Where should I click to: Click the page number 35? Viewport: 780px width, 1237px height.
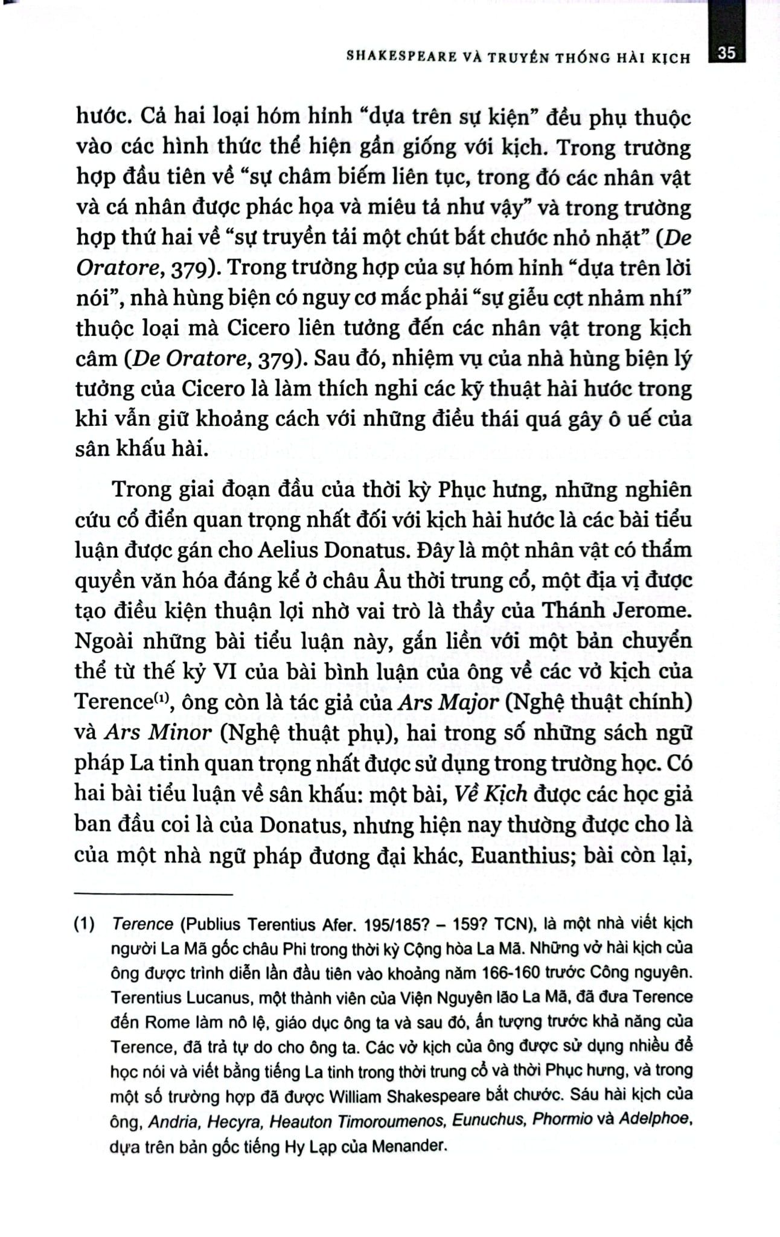click(727, 53)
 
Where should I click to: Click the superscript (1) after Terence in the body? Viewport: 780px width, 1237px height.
click(159, 699)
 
